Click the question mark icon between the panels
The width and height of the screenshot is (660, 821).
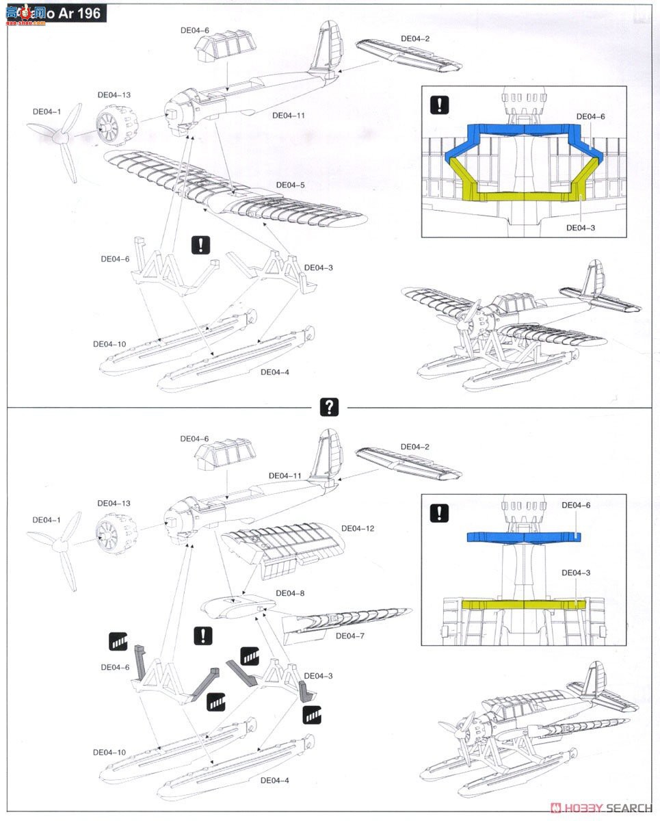pyautogui.click(x=329, y=407)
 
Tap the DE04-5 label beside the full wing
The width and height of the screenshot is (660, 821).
pyautogui.click(x=291, y=185)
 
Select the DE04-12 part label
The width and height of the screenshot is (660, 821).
pyautogui.click(x=358, y=529)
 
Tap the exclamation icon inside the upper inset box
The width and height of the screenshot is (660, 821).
pyautogui.click(x=439, y=105)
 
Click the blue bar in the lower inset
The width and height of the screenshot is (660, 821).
pyautogui.click(x=524, y=537)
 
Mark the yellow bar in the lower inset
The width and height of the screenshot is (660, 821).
pyautogui.click(x=524, y=604)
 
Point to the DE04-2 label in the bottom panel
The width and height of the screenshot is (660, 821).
pyautogui.click(x=415, y=447)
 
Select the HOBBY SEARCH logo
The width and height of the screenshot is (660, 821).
pyautogui.click(x=602, y=807)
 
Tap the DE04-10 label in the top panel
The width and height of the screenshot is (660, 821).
pyautogui.click(x=109, y=344)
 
